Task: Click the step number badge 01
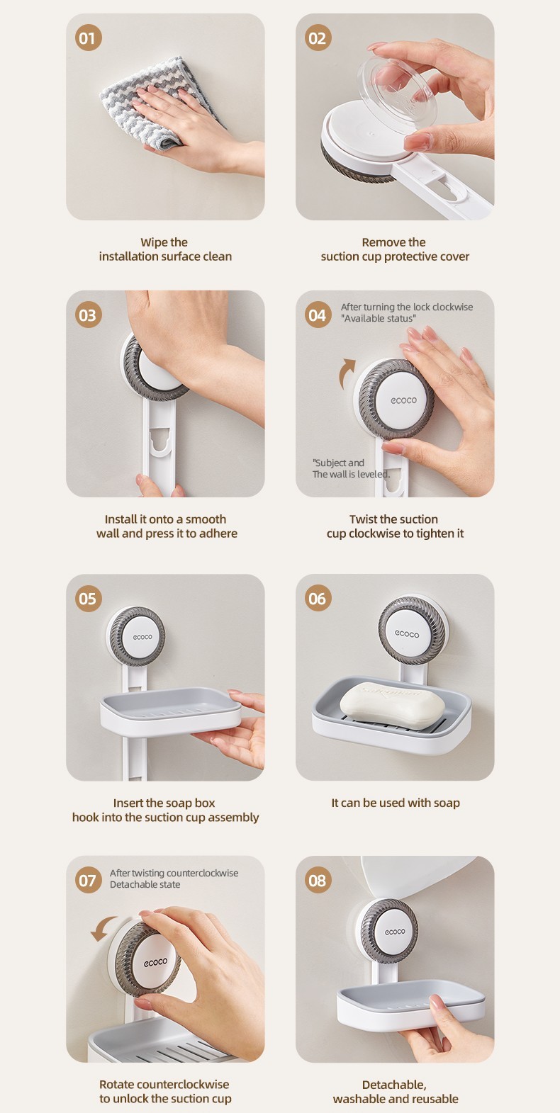coord(88,38)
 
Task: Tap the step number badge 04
coord(318,315)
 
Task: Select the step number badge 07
coord(88,880)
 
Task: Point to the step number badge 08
coord(318,880)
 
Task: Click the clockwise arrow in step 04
coord(347,373)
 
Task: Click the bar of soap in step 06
coord(392,705)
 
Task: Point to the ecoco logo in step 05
coord(142,636)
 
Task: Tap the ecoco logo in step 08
coord(395,932)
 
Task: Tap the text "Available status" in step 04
coord(379,319)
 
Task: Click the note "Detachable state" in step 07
coord(145,884)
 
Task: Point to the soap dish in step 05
coord(171,711)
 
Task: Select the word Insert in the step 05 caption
coord(128,803)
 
